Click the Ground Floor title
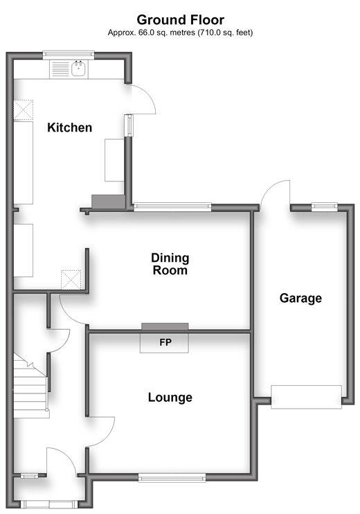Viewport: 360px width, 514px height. (x=180, y=20)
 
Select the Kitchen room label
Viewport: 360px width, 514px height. (x=69, y=127)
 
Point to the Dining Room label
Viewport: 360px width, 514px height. (x=170, y=264)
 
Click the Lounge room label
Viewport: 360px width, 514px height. (x=170, y=398)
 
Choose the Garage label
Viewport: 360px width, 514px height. (x=300, y=299)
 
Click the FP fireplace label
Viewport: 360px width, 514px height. (x=165, y=342)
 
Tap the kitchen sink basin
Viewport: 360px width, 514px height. (x=79, y=69)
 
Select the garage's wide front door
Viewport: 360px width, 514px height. (x=306, y=397)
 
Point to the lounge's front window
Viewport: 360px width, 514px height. (x=172, y=477)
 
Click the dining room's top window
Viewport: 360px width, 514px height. (x=172, y=206)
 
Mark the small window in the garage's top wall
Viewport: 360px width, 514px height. (x=324, y=206)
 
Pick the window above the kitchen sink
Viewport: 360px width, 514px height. (x=69, y=55)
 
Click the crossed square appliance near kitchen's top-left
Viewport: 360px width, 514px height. (x=24, y=110)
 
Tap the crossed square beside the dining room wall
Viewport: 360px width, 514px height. (x=71, y=280)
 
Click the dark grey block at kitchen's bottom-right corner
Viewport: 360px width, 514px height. (x=109, y=202)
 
